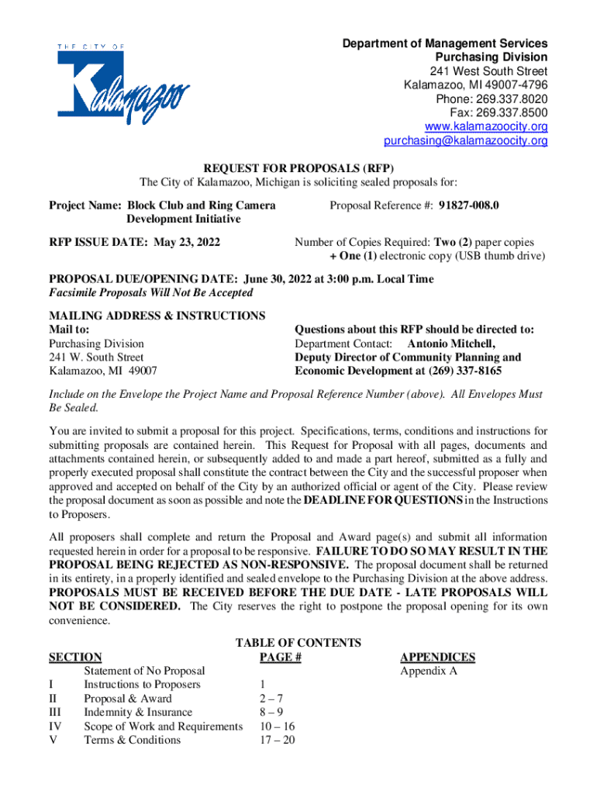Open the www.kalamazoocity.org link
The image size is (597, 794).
coord(486,127)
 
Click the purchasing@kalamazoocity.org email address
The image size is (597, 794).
coord(465,141)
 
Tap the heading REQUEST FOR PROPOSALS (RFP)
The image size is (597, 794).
coord(298,168)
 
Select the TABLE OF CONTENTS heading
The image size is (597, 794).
coord(298,643)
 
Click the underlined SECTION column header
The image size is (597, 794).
coord(75,658)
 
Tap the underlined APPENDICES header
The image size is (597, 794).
coord(437,658)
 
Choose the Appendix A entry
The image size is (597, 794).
coord(428,671)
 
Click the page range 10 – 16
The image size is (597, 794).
coord(278,727)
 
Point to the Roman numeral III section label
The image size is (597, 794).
coord(55,713)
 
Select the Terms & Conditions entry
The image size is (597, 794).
coord(132,740)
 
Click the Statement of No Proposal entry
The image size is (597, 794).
coord(144,671)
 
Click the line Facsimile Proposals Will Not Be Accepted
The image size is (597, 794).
coord(151,293)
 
